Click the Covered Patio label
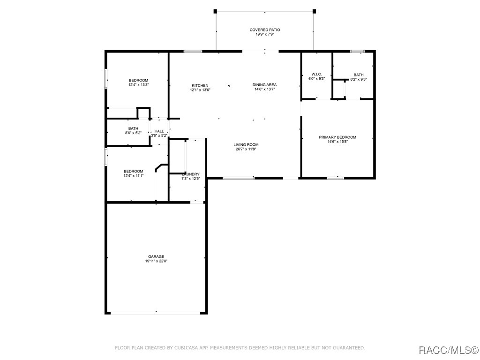point(265,30)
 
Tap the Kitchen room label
point(200,85)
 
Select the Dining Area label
point(264,85)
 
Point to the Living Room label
point(246,144)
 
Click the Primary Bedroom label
point(337,137)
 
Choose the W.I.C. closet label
point(316,75)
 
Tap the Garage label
point(156,256)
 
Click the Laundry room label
point(191,174)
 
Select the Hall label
point(159,131)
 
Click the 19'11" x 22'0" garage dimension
point(156,261)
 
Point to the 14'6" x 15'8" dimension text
point(337,142)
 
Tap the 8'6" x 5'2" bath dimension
point(133,133)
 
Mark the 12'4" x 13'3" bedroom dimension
point(138,85)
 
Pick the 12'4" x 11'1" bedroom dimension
point(134,176)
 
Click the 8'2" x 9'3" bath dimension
point(359,79)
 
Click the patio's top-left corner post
point(215,11)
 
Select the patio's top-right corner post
point(314,11)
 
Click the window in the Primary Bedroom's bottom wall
point(336,178)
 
